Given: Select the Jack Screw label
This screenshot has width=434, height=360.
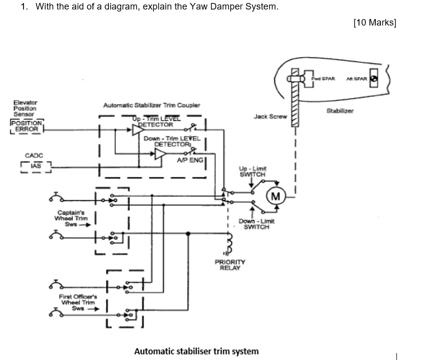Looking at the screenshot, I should (270, 116).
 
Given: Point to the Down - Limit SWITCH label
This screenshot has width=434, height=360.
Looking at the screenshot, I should (256, 224).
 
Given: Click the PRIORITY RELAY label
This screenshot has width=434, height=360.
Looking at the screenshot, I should (230, 265).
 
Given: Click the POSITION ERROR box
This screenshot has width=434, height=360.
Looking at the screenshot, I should (26, 126).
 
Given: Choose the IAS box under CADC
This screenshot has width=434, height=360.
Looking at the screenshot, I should (36, 165).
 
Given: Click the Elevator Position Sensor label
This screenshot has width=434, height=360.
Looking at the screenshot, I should (25, 108).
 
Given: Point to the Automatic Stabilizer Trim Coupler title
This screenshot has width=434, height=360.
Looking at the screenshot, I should (151, 105).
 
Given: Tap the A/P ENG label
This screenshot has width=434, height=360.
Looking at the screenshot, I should (189, 160).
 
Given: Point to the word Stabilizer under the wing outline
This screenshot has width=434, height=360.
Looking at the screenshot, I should (340, 111).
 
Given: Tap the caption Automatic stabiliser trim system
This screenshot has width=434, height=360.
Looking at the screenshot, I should (196, 351).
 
